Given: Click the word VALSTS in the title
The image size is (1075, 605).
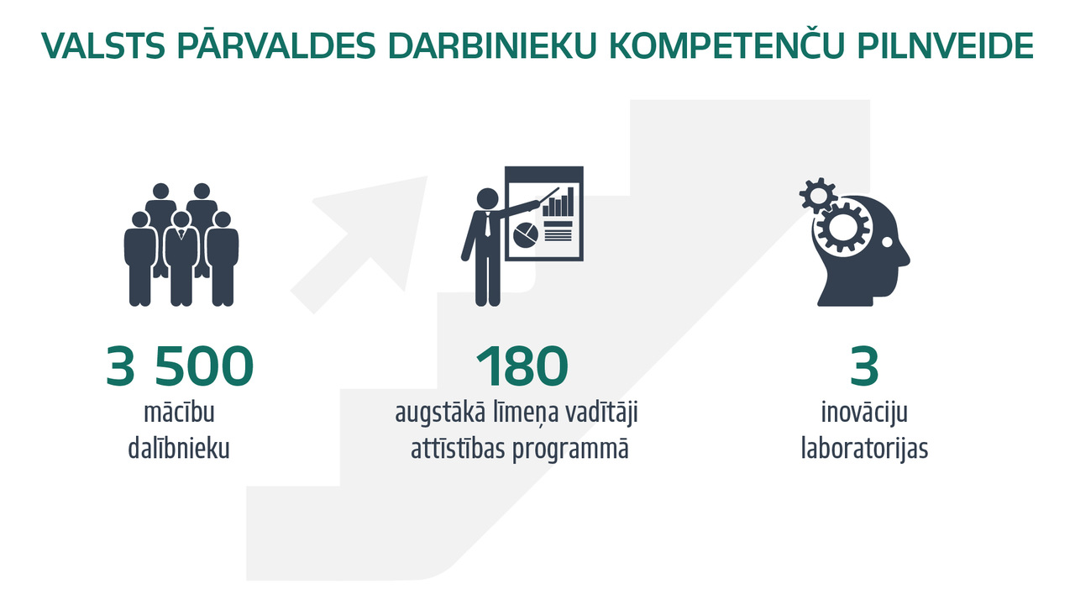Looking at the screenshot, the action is [x=103, y=46].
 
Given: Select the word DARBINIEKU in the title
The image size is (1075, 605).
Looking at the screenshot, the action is [x=492, y=46].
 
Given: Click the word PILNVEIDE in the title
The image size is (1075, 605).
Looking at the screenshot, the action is [x=945, y=46].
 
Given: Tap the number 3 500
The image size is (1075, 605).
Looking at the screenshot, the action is [x=180, y=366].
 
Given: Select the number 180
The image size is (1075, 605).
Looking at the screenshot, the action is [x=522, y=366].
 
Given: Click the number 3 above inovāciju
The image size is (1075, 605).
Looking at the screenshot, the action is [x=864, y=366].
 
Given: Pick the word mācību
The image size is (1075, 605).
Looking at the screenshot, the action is [x=179, y=413].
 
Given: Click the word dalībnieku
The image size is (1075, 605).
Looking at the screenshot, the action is [x=179, y=449].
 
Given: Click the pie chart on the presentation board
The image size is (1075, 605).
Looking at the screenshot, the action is [x=526, y=234].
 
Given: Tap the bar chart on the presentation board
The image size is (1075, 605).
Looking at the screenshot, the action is [x=558, y=203].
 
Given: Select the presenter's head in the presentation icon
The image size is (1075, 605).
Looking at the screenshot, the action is [x=488, y=199].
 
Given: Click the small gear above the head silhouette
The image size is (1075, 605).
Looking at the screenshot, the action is [x=818, y=196].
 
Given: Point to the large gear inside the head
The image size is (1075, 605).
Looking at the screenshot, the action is [x=843, y=228].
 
